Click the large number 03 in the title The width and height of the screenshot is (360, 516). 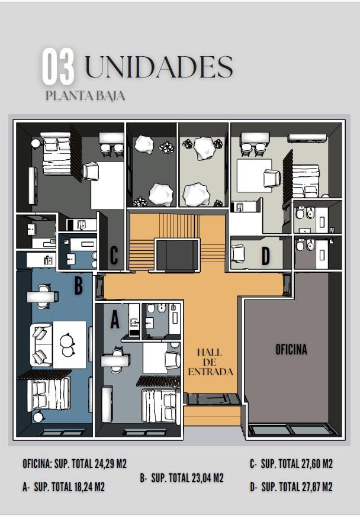point(58,66)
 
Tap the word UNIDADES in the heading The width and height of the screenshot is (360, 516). point(159,67)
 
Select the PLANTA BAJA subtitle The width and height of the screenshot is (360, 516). point(85,96)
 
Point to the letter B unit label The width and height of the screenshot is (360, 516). point(78,285)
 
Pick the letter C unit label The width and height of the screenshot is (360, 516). point(114,255)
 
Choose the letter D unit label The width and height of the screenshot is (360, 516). point(265,256)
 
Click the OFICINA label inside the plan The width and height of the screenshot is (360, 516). point(291,350)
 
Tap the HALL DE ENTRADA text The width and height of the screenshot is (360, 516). point(210,362)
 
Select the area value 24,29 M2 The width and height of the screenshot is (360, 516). point(110,464)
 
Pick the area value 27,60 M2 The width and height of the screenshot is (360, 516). point(317,464)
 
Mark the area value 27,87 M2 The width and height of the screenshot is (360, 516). point(317,487)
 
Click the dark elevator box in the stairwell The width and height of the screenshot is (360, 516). point(178,254)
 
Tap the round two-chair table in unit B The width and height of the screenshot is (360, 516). point(68,345)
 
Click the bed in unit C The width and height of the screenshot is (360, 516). point(57,153)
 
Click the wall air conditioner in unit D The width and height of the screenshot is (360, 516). point(307,138)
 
